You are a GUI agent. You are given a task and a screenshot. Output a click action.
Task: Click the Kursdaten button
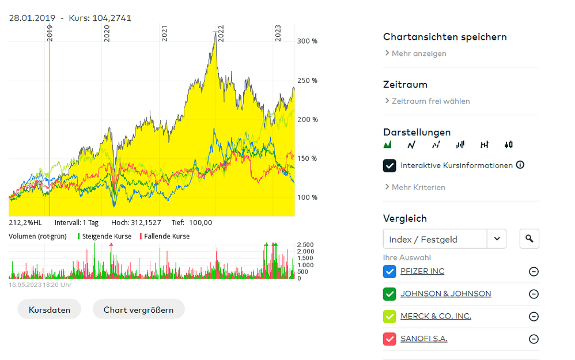50,309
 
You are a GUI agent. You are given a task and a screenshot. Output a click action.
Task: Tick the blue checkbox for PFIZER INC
389,271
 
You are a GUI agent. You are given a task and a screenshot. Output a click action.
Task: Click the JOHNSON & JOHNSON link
445,294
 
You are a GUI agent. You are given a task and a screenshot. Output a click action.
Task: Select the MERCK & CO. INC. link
436,316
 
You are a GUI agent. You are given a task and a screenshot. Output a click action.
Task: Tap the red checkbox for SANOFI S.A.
389,339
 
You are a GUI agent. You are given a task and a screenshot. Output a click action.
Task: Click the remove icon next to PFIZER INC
534,272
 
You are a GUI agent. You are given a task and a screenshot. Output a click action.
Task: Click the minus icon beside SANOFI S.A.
534,339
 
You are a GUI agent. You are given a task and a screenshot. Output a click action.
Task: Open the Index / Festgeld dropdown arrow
497,238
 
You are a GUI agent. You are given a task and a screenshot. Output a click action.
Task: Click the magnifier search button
529,238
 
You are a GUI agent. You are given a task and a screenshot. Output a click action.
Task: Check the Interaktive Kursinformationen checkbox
389,165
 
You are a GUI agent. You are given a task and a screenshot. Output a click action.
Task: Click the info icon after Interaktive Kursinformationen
520,165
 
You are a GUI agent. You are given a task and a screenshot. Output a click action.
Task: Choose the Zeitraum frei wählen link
430,101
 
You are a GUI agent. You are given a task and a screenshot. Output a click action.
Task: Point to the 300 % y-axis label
307,41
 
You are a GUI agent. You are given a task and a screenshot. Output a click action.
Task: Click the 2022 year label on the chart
221,31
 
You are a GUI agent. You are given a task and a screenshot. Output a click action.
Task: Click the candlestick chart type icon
508,145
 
